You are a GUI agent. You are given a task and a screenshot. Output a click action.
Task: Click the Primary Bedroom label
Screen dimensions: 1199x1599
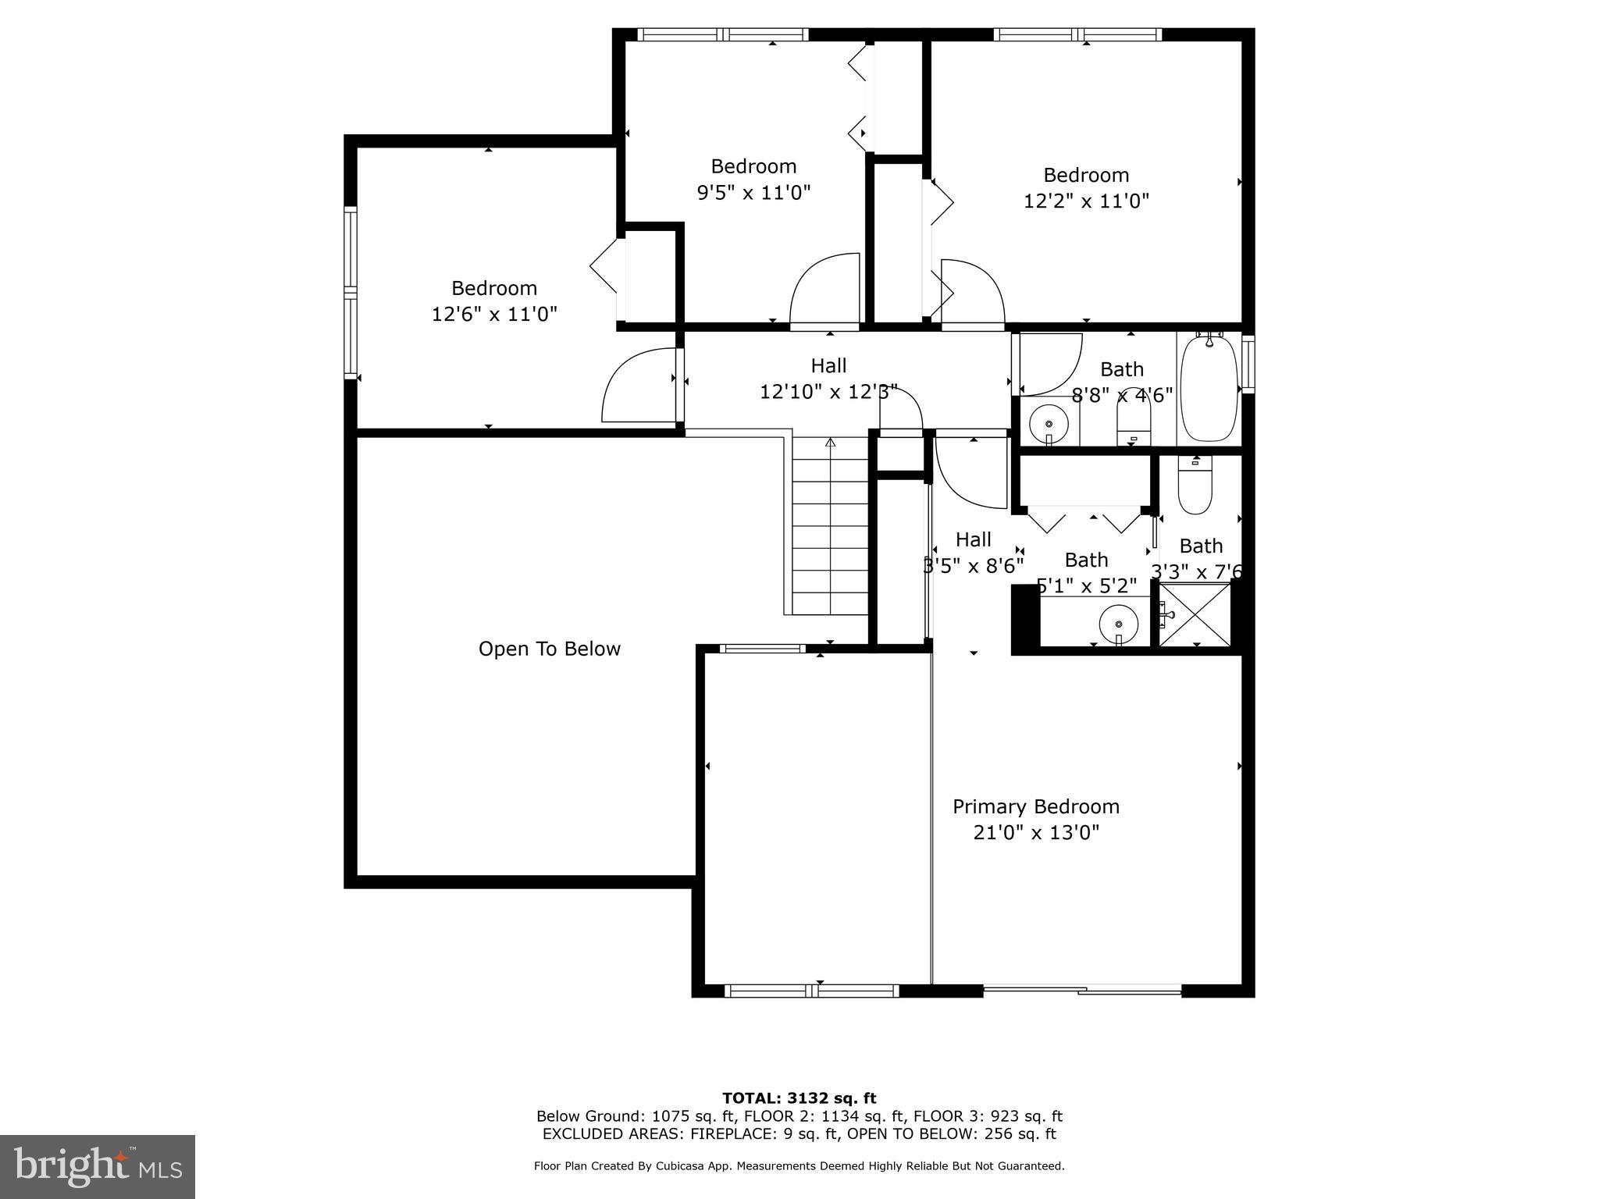(x=1035, y=806)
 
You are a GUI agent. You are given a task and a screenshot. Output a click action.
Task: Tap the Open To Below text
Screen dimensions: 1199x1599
(x=549, y=649)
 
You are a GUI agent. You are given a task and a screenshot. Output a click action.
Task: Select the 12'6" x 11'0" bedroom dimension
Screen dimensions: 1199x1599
(x=494, y=315)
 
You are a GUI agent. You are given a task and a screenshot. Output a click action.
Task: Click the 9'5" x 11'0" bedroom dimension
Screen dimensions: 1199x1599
(x=753, y=193)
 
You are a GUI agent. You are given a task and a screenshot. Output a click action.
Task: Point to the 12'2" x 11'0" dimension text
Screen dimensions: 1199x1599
(x=1086, y=201)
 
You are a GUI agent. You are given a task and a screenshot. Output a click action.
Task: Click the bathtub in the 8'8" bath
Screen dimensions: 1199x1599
(x=1209, y=388)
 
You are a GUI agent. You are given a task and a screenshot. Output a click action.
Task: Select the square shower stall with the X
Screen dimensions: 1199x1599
(x=1195, y=615)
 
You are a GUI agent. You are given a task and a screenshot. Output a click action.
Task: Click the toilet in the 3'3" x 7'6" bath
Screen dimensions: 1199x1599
(x=1195, y=485)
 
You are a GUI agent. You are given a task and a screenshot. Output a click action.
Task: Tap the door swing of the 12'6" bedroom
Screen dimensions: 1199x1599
(x=639, y=386)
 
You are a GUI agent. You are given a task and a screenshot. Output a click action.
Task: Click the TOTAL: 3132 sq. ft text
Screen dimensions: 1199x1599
(x=799, y=1099)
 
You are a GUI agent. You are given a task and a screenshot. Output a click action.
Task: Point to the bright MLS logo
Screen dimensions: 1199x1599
(x=98, y=1167)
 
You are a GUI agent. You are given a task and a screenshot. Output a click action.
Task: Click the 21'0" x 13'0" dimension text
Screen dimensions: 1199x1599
(x=1035, y=833)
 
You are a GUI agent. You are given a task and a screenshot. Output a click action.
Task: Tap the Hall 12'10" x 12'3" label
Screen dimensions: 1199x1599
(x=828, y=379)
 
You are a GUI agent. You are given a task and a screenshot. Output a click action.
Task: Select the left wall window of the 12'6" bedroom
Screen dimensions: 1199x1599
(x=351, y=293)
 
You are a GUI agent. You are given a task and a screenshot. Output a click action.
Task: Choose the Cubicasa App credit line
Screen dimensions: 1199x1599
(x=799, y=1166)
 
